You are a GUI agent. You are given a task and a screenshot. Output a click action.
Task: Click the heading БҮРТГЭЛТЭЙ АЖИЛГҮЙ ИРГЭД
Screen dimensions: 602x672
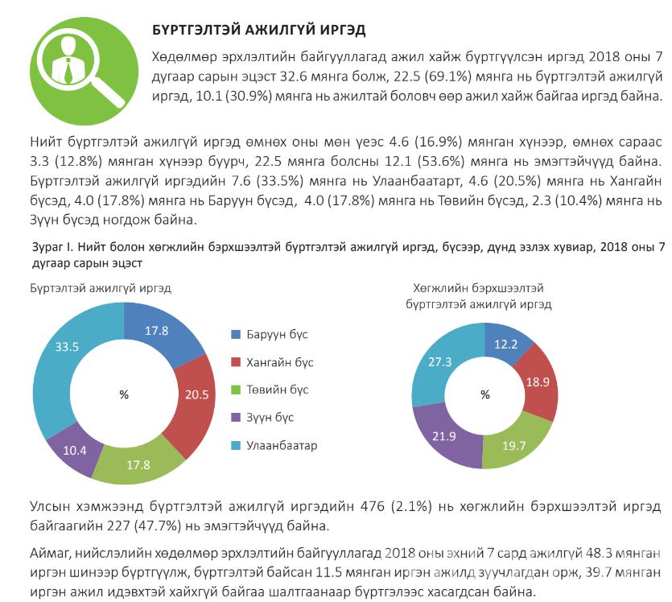(x=259, y=30)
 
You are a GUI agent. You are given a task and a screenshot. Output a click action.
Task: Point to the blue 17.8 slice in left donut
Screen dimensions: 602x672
(x=161, y=331)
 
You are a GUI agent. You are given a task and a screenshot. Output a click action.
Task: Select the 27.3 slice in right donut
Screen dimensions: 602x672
(x=439, y=363)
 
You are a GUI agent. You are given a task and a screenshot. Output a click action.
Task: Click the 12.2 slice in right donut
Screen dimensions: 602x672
(x=505, y=344)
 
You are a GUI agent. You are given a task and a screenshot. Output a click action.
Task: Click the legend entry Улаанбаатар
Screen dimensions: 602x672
(x=276, y=445)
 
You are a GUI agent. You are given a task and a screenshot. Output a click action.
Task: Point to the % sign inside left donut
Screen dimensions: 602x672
(x=124, y=395)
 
